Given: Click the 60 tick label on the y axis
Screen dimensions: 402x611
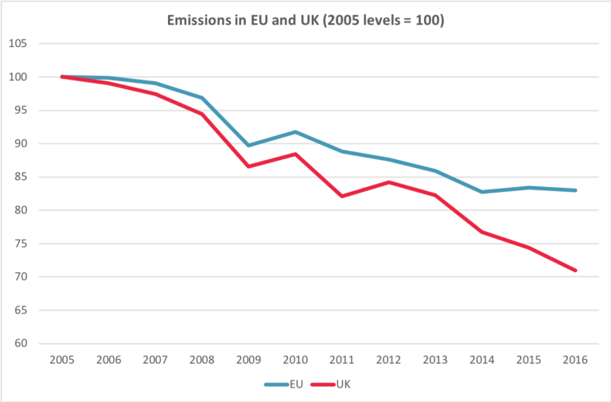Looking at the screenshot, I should pyautogui.click(x=21, y=344).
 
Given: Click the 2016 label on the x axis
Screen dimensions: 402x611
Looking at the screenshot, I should pyautogui.click(x=574, y=360).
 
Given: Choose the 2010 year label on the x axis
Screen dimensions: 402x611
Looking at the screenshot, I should pyautogui.click(x=294, y=360).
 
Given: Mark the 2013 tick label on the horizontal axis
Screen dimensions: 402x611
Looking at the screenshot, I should pyautogui.click(x=434, y=360).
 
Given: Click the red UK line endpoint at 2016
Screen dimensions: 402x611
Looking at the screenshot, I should pyautogui.click(x=574, y=271).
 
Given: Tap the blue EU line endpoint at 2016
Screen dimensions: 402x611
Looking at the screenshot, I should pyautogui.click(x=574, y=190).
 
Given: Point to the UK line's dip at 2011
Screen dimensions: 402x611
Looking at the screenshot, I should pyautogui.click(x=341, y=196).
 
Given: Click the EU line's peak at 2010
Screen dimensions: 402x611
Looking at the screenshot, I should pyautogui.click(x=295, y=131).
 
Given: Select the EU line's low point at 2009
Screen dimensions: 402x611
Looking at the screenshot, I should pyautogui.click(x=248, y=146).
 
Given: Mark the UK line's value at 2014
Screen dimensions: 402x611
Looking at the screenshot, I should pyautogui.click(x=481, y=232).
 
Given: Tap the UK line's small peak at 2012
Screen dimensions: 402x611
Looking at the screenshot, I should pyautogui.click(x=388, y=182).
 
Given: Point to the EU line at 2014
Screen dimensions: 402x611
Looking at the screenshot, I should pyautogui.click(x=481, y=192).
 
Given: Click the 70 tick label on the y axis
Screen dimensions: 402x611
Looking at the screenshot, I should pyautogui.click(x=21, y=277).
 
